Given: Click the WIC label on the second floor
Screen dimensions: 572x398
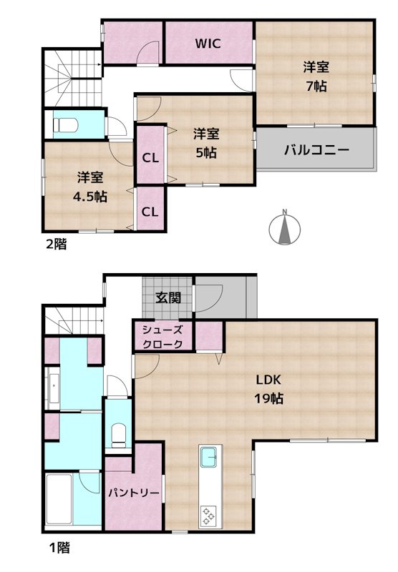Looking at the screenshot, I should tap(208, 43).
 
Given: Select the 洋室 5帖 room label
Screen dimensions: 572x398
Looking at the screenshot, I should tap(206, 143).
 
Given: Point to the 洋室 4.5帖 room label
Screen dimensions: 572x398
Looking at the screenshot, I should tap(89, 186).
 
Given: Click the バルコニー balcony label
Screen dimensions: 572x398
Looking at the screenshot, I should tap(316, 150).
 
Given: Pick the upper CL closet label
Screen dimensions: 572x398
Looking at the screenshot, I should tap(150, 157).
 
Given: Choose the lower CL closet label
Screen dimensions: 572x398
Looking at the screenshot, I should tap(150, 211).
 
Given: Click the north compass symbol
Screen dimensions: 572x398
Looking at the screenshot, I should tap(284, 230).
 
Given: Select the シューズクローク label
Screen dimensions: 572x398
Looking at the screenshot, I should tap(162, 337).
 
